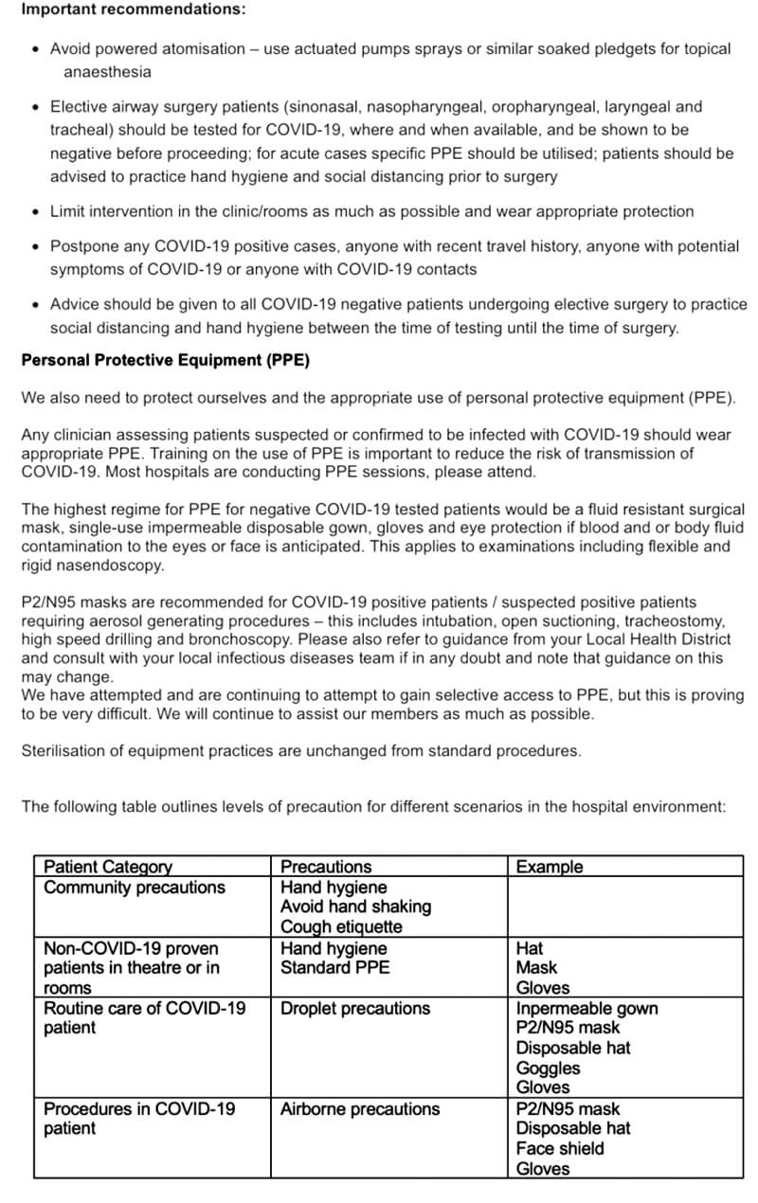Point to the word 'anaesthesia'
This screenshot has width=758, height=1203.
(107, 71)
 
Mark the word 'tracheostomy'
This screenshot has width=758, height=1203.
(676, 621)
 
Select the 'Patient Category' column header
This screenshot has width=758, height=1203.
(109, 867)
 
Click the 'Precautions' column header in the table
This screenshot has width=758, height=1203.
(327, 867)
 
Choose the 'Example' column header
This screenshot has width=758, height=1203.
(550, 867)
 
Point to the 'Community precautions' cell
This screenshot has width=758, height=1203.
(135, 888)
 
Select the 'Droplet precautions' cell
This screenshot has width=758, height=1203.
(354, 1008)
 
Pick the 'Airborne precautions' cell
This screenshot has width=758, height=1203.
(360, 1108)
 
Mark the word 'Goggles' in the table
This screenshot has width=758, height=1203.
(548, 1068)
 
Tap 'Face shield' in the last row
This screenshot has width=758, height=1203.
(560, 1148)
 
